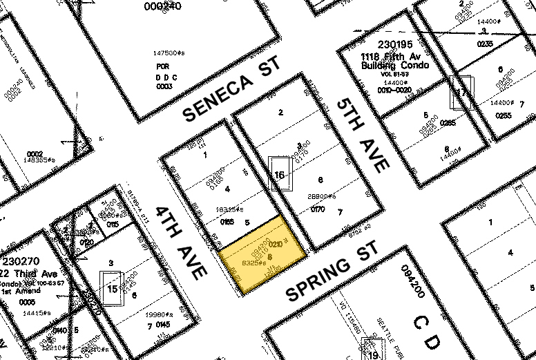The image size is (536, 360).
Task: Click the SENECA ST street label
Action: click(231, 89)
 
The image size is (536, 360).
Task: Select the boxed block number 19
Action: click(374, 355)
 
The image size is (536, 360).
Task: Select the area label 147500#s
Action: click(170, 53)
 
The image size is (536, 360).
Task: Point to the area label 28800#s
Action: click(322, 197)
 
